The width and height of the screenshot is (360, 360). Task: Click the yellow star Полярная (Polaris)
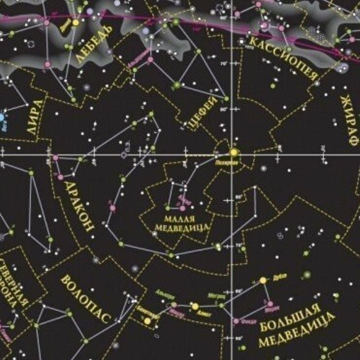tap(234, 152)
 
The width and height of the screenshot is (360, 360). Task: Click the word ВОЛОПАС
tap(85, 300)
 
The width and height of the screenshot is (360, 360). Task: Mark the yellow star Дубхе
tap(263, 280)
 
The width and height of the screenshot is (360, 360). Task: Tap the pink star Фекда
tap(236, 320)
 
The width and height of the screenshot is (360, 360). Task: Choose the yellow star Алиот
tap(195, 306)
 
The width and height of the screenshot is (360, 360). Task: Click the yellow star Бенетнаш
tap(147, 320)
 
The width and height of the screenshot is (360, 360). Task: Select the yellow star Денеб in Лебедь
tap(76, 22)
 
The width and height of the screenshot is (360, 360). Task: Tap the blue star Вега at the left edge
tap(1, 117)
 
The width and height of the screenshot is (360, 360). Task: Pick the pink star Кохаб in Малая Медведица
tap(183, 208)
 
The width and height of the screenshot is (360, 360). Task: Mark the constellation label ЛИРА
tap(36, 117)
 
